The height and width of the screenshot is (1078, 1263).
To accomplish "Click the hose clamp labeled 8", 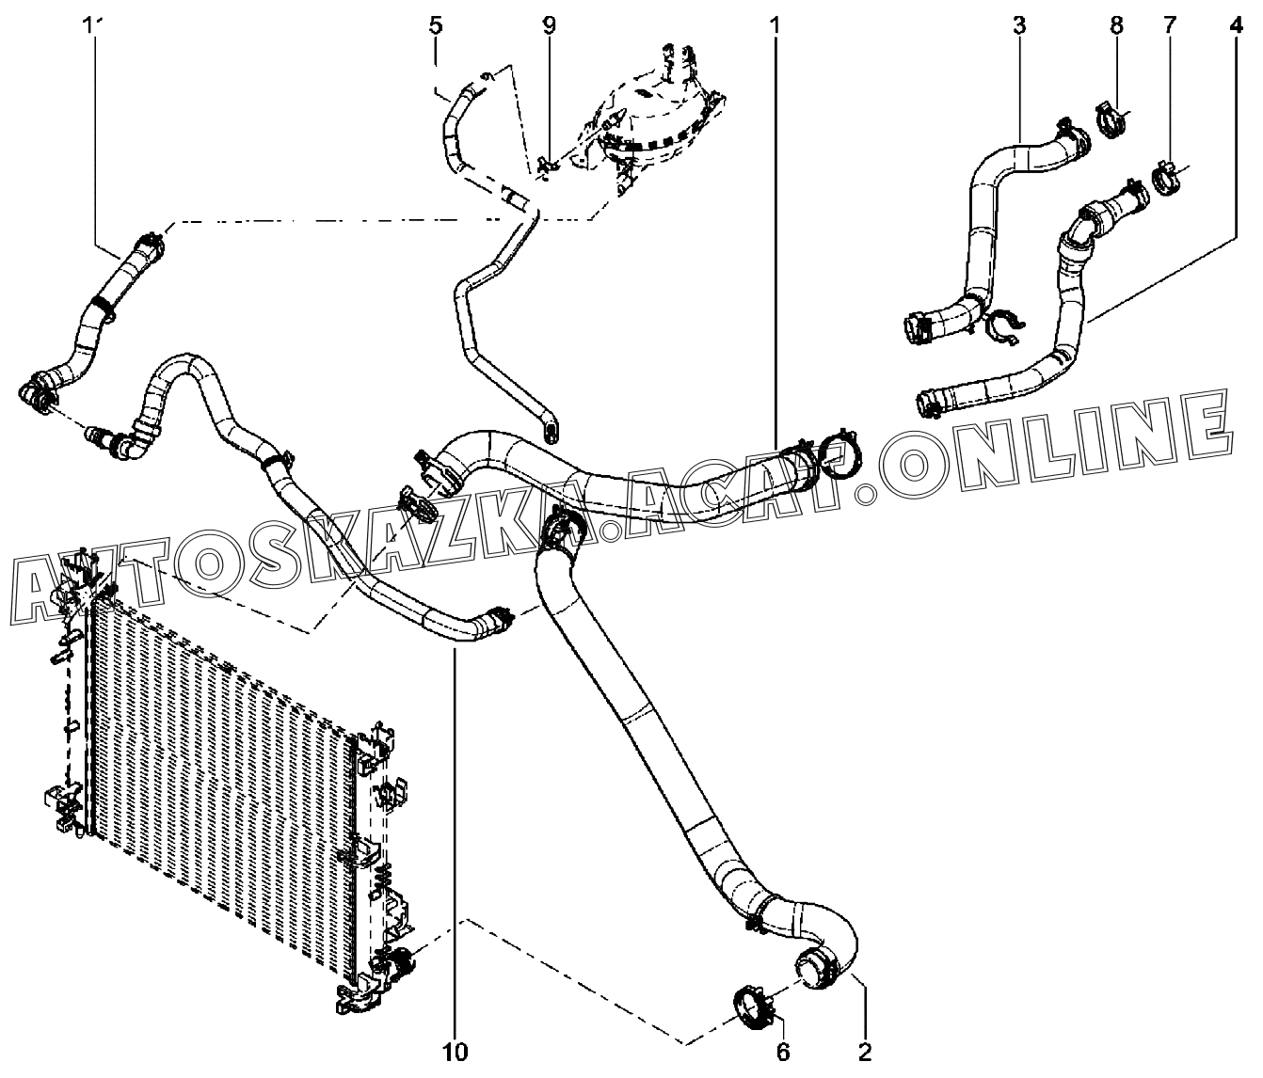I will [x=1111, y=120].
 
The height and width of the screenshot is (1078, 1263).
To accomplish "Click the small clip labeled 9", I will [x=549, y=166].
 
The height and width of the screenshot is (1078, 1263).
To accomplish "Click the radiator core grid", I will [x=226, y=753].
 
